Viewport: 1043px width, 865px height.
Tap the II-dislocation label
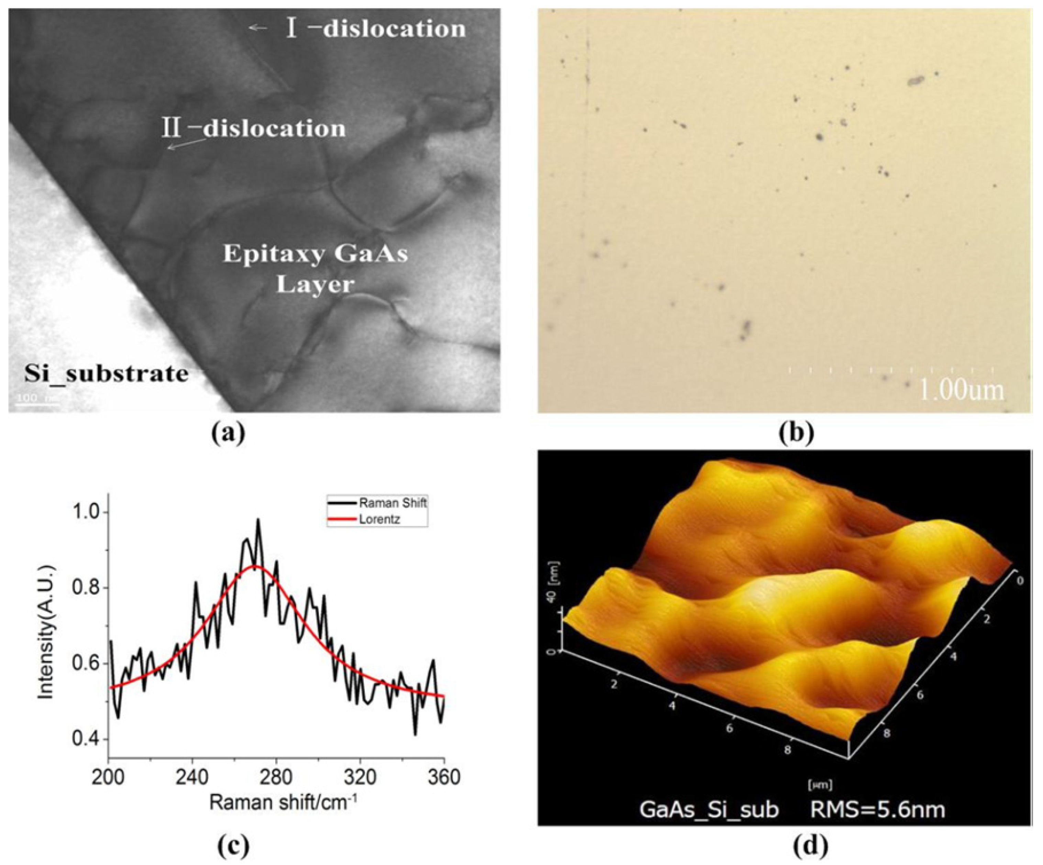pos(253,128)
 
